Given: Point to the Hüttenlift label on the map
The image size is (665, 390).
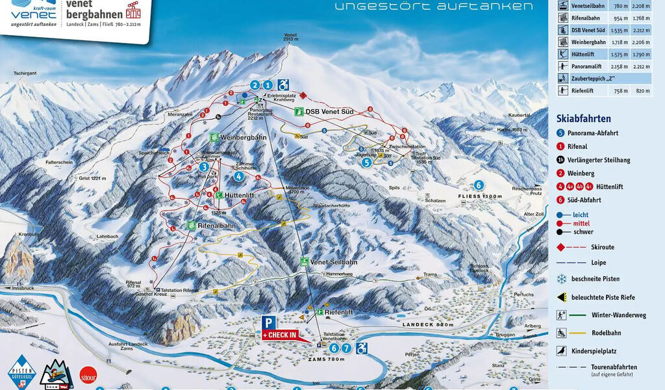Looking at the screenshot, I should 238,195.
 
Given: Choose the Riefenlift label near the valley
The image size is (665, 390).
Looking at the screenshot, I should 338,313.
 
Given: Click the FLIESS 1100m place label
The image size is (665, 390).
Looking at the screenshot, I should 481,196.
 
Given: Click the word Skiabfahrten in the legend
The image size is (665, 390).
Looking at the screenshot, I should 583,118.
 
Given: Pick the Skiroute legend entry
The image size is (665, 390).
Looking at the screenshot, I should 603,247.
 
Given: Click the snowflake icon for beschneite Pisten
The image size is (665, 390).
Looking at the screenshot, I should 561,279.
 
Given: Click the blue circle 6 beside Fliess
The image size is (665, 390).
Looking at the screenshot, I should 479,185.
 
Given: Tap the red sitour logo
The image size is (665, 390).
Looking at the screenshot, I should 88,375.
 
